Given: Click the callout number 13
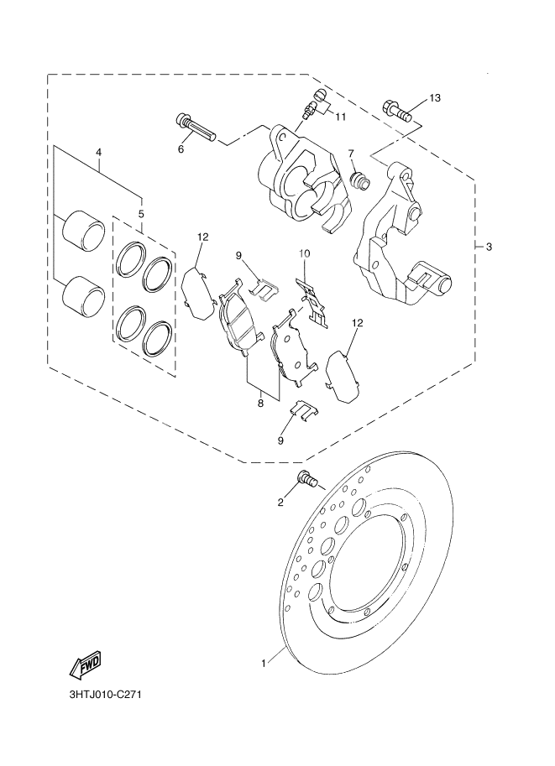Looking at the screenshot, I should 433,98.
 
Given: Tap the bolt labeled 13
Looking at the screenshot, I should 397,110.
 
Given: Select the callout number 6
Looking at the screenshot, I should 180,149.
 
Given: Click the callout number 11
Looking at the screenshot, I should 339,117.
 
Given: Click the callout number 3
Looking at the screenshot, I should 489,247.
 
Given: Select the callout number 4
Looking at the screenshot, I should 98,153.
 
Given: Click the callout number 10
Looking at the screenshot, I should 305,253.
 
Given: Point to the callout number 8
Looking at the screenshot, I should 260,404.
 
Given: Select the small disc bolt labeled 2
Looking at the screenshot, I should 306,480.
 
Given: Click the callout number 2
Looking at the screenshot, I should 281,503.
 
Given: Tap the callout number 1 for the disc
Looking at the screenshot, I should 263,663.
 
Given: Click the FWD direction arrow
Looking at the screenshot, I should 84,667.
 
